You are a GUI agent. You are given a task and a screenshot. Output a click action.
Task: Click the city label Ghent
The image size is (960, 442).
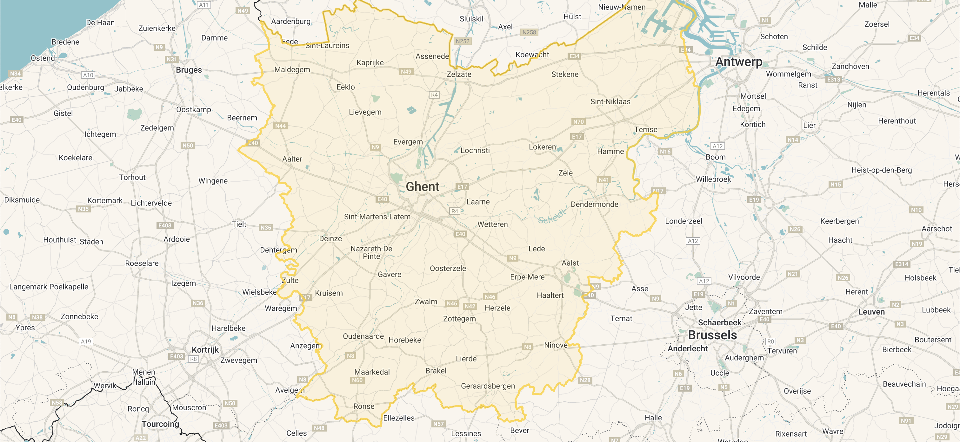coord(422,186)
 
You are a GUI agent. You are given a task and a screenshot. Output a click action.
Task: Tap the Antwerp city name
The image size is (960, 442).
coord(739,62)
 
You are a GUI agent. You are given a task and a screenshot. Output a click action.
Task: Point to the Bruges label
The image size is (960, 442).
coord(189,70)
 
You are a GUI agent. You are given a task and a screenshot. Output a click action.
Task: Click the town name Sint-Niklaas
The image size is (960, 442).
coord(610,102)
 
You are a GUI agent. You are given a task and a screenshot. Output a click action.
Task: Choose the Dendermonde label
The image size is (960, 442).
coord(594,205)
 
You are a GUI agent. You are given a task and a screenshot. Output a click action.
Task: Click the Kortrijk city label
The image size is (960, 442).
coord(205,350)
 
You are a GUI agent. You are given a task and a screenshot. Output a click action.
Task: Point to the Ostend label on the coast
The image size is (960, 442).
coord(43,58)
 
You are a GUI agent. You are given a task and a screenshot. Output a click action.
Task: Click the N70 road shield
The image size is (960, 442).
coord(578,122)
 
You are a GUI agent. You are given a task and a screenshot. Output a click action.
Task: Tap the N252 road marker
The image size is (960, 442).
coord(462,41)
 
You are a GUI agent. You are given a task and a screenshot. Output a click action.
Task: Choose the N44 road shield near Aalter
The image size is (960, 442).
coord(280,126)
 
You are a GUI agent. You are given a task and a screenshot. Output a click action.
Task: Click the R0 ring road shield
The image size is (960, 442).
coord(770,341)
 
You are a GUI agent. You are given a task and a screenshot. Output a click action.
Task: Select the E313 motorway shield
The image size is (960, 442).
coord(833,80)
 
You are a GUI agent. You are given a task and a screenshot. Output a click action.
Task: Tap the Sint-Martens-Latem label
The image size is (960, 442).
coord(377,217)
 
